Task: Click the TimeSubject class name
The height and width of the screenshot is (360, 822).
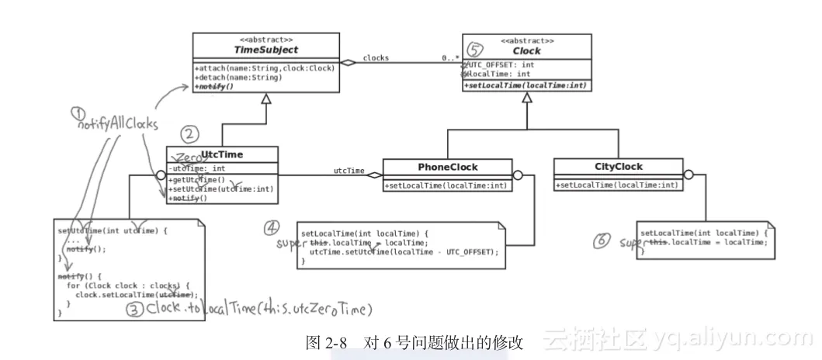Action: pos(265,48)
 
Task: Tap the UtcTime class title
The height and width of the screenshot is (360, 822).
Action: pos(220,154)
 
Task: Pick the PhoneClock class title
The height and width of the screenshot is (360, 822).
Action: pos(448,166)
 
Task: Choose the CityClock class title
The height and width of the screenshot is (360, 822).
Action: pos(618,166)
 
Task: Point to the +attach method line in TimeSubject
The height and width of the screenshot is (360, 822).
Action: pos(265,68)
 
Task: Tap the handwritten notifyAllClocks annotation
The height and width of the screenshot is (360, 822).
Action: pos(116,124)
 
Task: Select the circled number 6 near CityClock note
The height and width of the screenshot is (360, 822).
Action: pos(602,241)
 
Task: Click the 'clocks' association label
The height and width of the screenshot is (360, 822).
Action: pos(376,57)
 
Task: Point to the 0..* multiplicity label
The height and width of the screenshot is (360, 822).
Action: pos(450,57)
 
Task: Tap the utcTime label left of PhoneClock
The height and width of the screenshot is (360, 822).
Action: pos(349,170)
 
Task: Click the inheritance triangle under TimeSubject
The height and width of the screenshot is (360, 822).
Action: pos(266,99)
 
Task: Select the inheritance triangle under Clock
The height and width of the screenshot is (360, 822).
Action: pos(527,99)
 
